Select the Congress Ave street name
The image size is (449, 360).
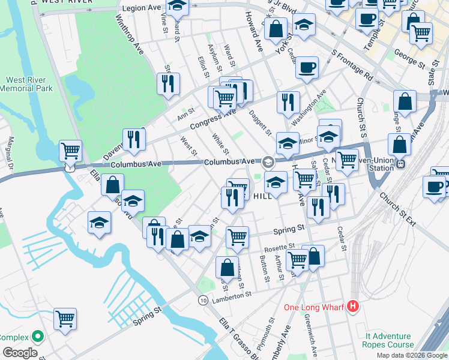[x=210, y=119]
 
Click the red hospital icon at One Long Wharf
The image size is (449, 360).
[x=353, y=307]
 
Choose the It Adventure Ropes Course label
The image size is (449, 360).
[x=387, y=340]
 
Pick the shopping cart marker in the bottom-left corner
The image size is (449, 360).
[x=65, y=319]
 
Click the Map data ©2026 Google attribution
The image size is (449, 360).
[x=412, y=355]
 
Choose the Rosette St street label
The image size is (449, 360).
[x=282, y=246]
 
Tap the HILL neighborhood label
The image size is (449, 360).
[x=262, y=196]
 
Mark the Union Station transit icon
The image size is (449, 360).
[x=402, y=163]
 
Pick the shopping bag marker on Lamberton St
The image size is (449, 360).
[x=227, y=267]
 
